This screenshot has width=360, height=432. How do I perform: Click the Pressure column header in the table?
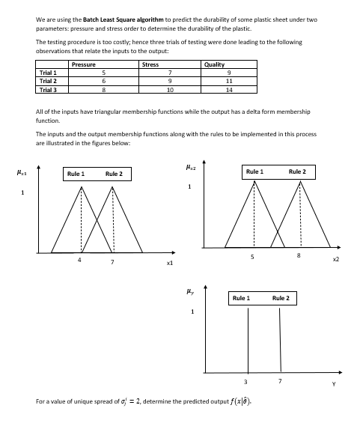(83, 65)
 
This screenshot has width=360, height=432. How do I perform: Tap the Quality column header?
(214, 65)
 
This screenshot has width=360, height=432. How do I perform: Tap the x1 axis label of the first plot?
(170, 264)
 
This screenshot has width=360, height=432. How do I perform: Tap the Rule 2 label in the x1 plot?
(114, 174)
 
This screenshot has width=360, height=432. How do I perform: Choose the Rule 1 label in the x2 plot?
(254, 171)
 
